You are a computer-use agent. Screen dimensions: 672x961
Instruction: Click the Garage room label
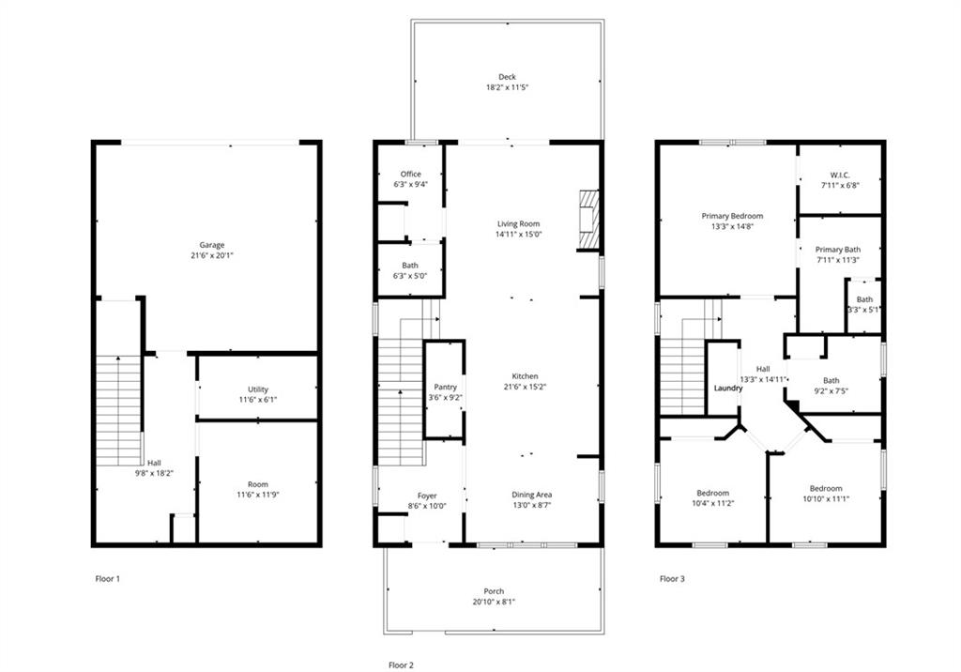(211, 245)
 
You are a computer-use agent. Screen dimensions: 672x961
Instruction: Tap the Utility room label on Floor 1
(258, 389)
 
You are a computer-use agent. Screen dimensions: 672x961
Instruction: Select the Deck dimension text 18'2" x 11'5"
(507, 88)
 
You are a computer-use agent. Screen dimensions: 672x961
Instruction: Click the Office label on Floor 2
(410, 175)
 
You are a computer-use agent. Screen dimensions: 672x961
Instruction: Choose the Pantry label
(445, 387)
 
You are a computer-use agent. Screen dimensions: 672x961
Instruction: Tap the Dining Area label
(531, 495)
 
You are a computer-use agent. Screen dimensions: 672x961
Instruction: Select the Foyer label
(428, 496)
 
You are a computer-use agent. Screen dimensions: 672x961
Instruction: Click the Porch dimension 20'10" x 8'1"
(494, 602)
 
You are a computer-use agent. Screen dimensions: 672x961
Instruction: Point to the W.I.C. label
(839, 175)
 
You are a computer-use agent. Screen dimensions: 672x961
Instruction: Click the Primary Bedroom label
(732, 216)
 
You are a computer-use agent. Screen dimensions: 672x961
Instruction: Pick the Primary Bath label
(838, 250)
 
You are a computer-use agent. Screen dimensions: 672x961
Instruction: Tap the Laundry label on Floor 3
(728, 388)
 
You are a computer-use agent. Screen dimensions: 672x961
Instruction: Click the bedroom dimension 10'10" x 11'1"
(826, 499)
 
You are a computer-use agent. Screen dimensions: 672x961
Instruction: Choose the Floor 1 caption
(108, 579)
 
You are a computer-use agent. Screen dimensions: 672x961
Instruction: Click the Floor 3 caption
(672, 579)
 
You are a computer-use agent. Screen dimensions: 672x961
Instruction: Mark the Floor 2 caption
(401, 664)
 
